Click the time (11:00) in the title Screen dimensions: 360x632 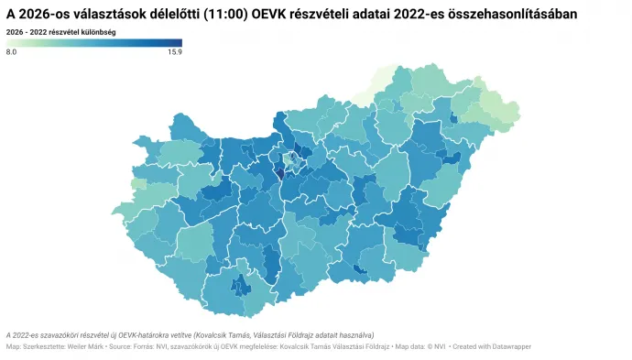tap(222, 16)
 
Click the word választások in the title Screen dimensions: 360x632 tap(112, 16)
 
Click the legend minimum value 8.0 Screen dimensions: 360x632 tap(12, 53)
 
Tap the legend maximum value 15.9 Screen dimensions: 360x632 tap(174, 53)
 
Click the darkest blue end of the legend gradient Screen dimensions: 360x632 tap(179, 42)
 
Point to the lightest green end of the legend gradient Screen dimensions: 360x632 tap(9, 42)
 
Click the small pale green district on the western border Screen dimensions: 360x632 tap(138, 184)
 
